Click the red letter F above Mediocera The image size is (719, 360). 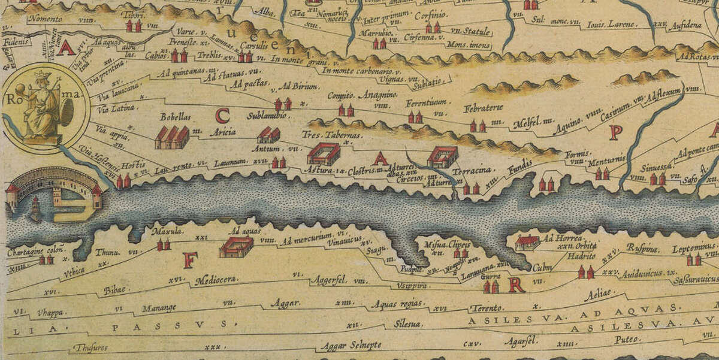(190, 260)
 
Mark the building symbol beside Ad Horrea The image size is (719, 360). (526, 243)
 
